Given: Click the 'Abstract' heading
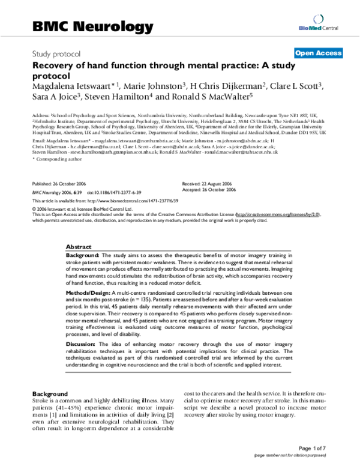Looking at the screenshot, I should [x=79, y=247].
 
